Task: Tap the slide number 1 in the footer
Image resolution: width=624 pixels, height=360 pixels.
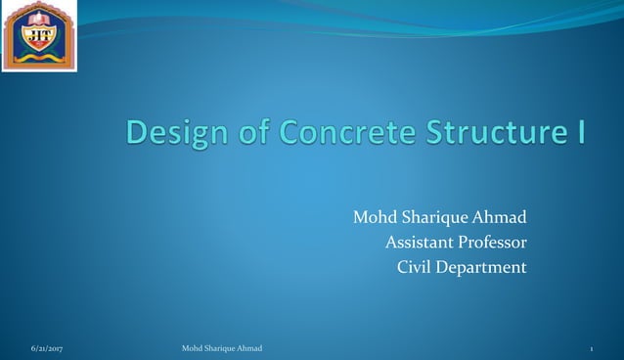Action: [x=592, y=348]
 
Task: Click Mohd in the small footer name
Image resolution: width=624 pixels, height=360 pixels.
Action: [x=193, y=348]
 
